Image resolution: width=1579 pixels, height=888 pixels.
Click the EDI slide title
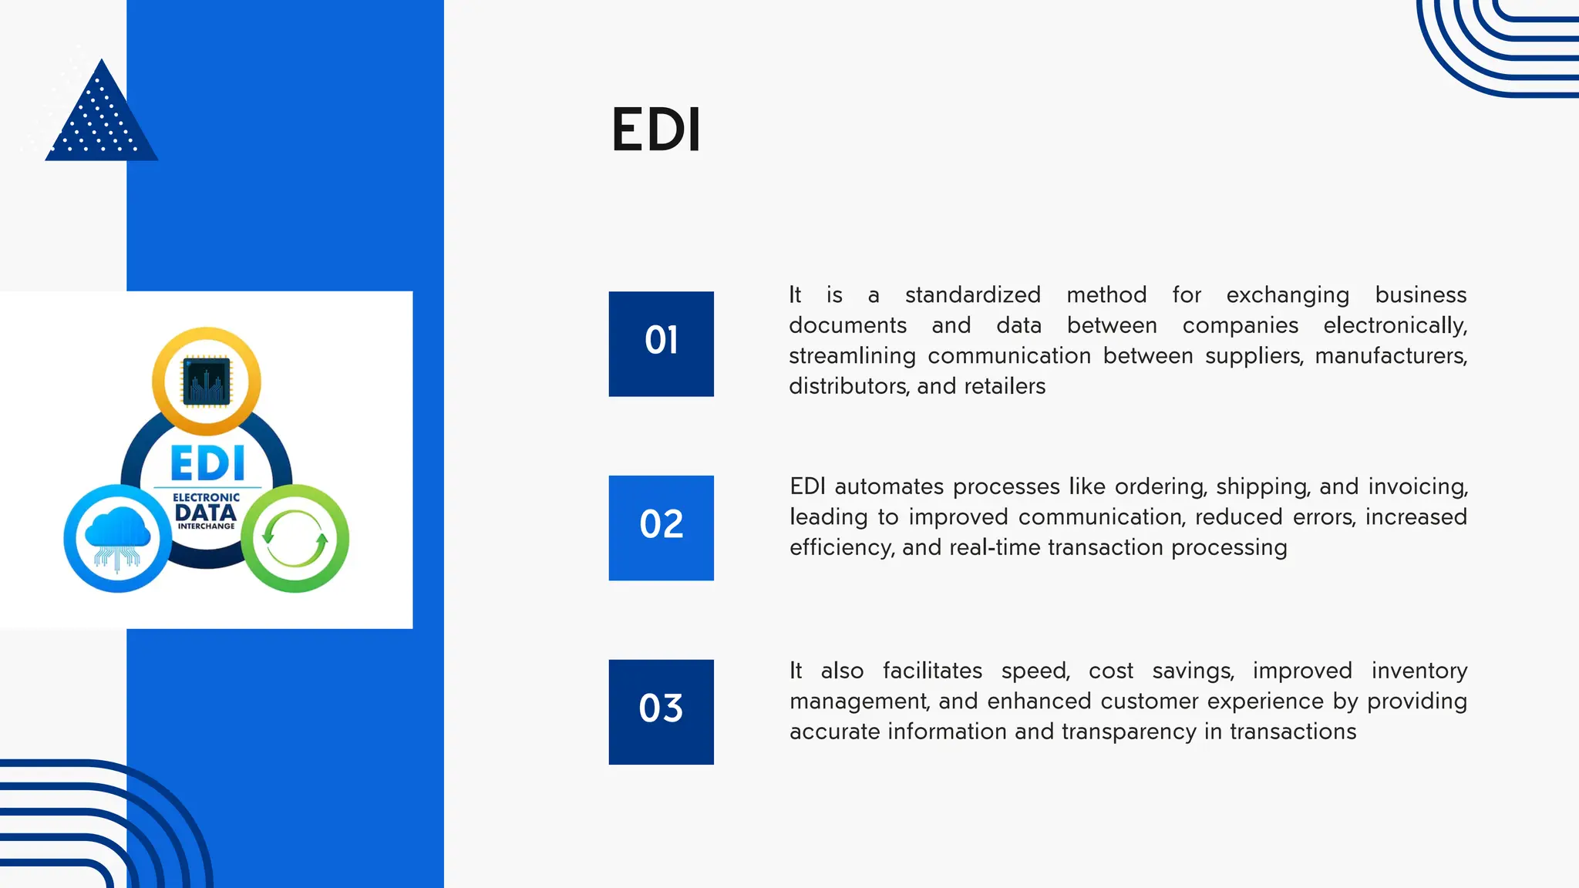(656, 129)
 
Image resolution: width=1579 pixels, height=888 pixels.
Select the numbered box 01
(661, 344)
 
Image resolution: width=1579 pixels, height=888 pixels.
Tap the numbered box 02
(661, 527)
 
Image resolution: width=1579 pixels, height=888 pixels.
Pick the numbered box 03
(661, 711)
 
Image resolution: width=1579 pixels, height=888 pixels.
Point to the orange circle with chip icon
(207, 381)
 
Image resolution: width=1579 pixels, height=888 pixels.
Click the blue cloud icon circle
(117, 538)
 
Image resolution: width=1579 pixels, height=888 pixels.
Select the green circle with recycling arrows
(295, 538)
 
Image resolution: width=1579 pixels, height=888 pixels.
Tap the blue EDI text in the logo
(207, 464)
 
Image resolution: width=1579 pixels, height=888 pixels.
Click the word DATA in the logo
(206, 513)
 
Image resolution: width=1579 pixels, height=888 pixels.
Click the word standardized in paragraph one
(972, 294)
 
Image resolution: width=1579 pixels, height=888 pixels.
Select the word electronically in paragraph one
(1394, 325)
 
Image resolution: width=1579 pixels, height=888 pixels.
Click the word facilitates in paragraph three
(931, 671)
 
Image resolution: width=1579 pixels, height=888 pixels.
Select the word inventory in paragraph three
(1419, 671)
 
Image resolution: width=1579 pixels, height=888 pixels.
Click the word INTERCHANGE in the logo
(207, 526)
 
